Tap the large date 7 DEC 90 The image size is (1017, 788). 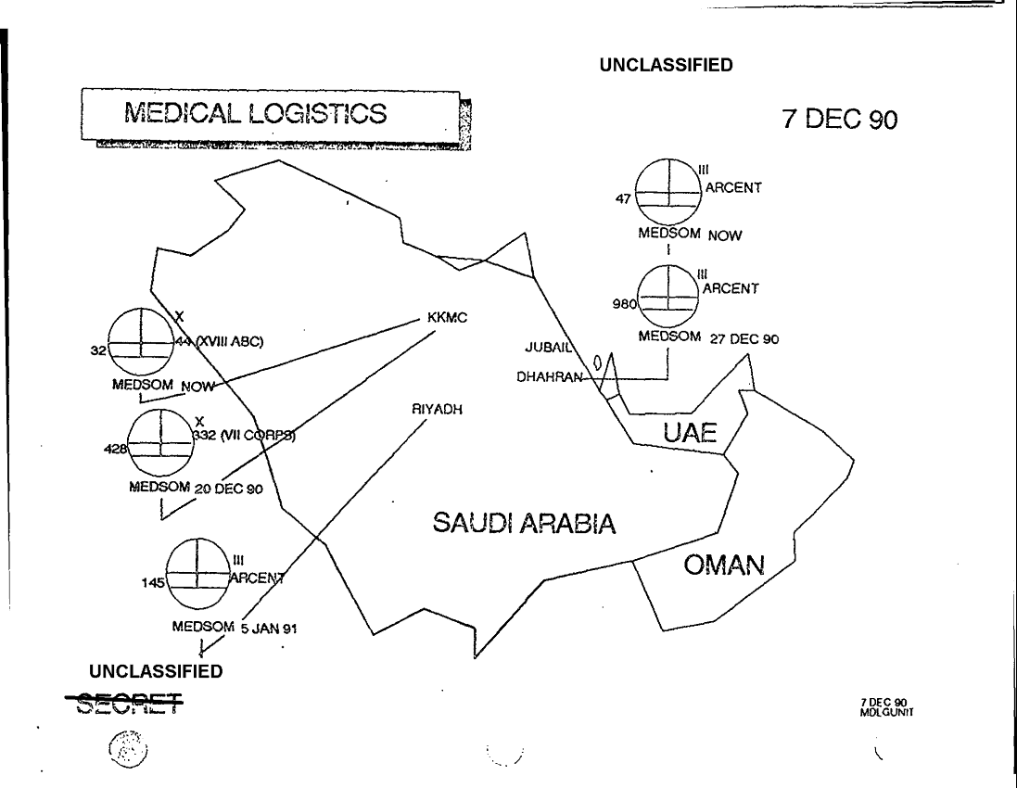click(840, 122)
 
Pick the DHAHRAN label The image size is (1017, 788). click(549, 377)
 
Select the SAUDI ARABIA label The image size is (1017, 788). click(524, 525)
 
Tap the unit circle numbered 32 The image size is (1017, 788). click(141, 339)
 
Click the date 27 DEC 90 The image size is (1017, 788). click(744, 338)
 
